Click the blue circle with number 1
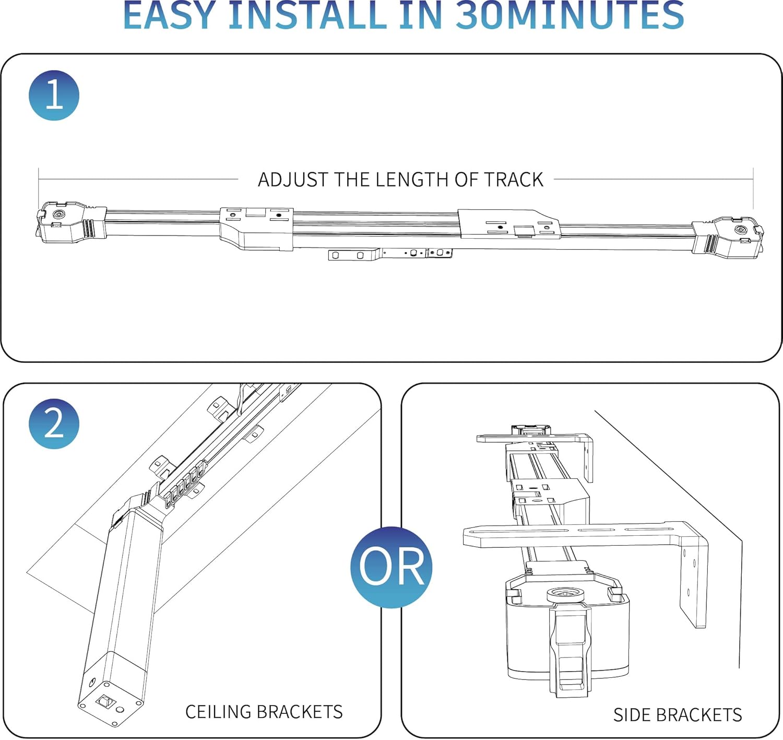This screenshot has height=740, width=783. [54, 96]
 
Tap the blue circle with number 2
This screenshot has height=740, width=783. [54, 424]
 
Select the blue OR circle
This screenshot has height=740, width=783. [391, 567]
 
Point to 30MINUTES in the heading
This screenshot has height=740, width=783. [570, 16]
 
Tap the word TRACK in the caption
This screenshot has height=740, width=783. [514, 180]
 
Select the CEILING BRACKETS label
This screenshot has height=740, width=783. [264, 712]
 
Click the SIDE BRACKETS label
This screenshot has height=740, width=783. [677, 715]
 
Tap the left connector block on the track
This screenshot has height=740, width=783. [256, 228]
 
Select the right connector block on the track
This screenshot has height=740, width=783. [509, 224]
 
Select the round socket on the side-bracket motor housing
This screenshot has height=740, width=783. [566, 595]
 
